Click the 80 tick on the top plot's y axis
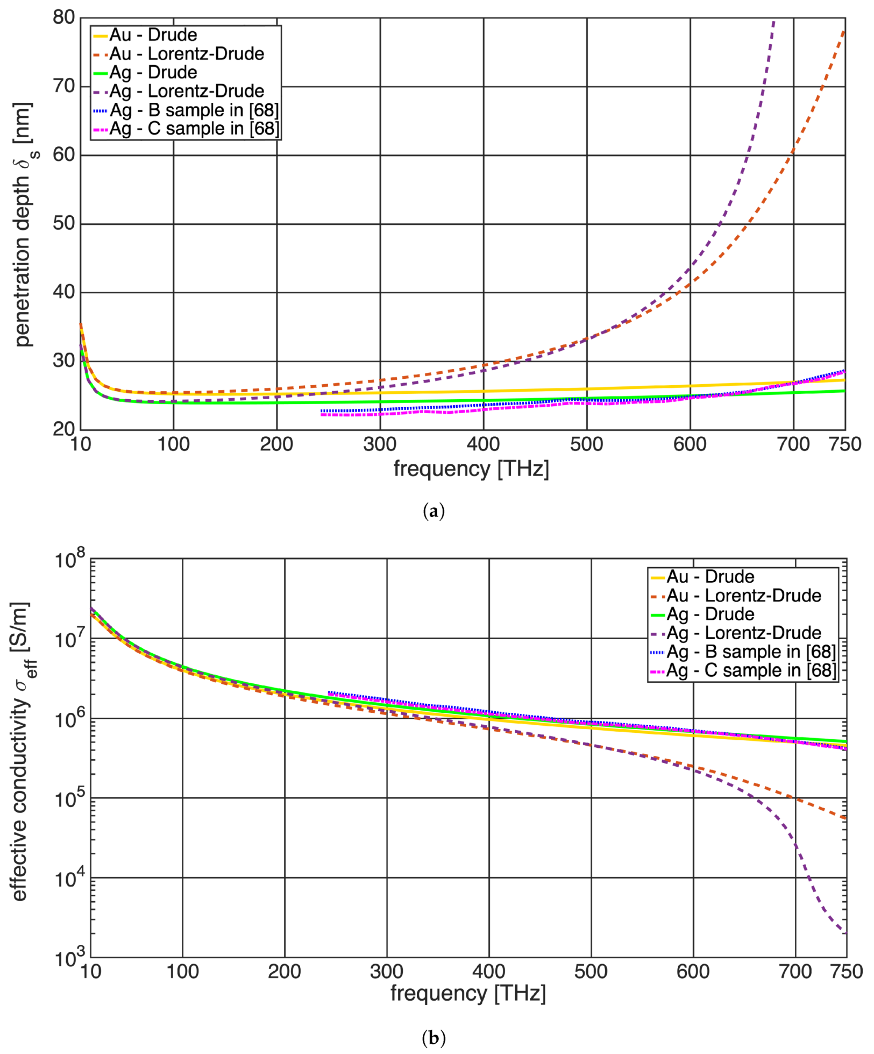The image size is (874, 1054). coord(63,18)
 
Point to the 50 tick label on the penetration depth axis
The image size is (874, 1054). coord(63,223)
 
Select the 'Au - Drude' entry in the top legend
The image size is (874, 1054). coord(153,35)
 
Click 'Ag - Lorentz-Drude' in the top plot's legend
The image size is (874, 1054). coord(187,91)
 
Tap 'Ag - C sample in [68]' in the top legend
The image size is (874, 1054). coord(194,129)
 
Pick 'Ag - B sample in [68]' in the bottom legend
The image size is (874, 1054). coord(751,652)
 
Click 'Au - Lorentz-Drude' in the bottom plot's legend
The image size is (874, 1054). coord(744,596)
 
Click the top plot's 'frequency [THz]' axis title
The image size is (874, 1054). coord(471,469)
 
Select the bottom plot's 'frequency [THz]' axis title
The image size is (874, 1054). coord(468,993)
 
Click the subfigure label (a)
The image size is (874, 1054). coord(434,511)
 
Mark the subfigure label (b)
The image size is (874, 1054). coord(434,1037)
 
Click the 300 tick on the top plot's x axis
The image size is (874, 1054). coord(380,444)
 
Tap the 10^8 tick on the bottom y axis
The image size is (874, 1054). coord(70,560)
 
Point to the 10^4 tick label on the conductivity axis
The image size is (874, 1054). coord(70,879)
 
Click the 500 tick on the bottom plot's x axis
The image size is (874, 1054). coord(591,971)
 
